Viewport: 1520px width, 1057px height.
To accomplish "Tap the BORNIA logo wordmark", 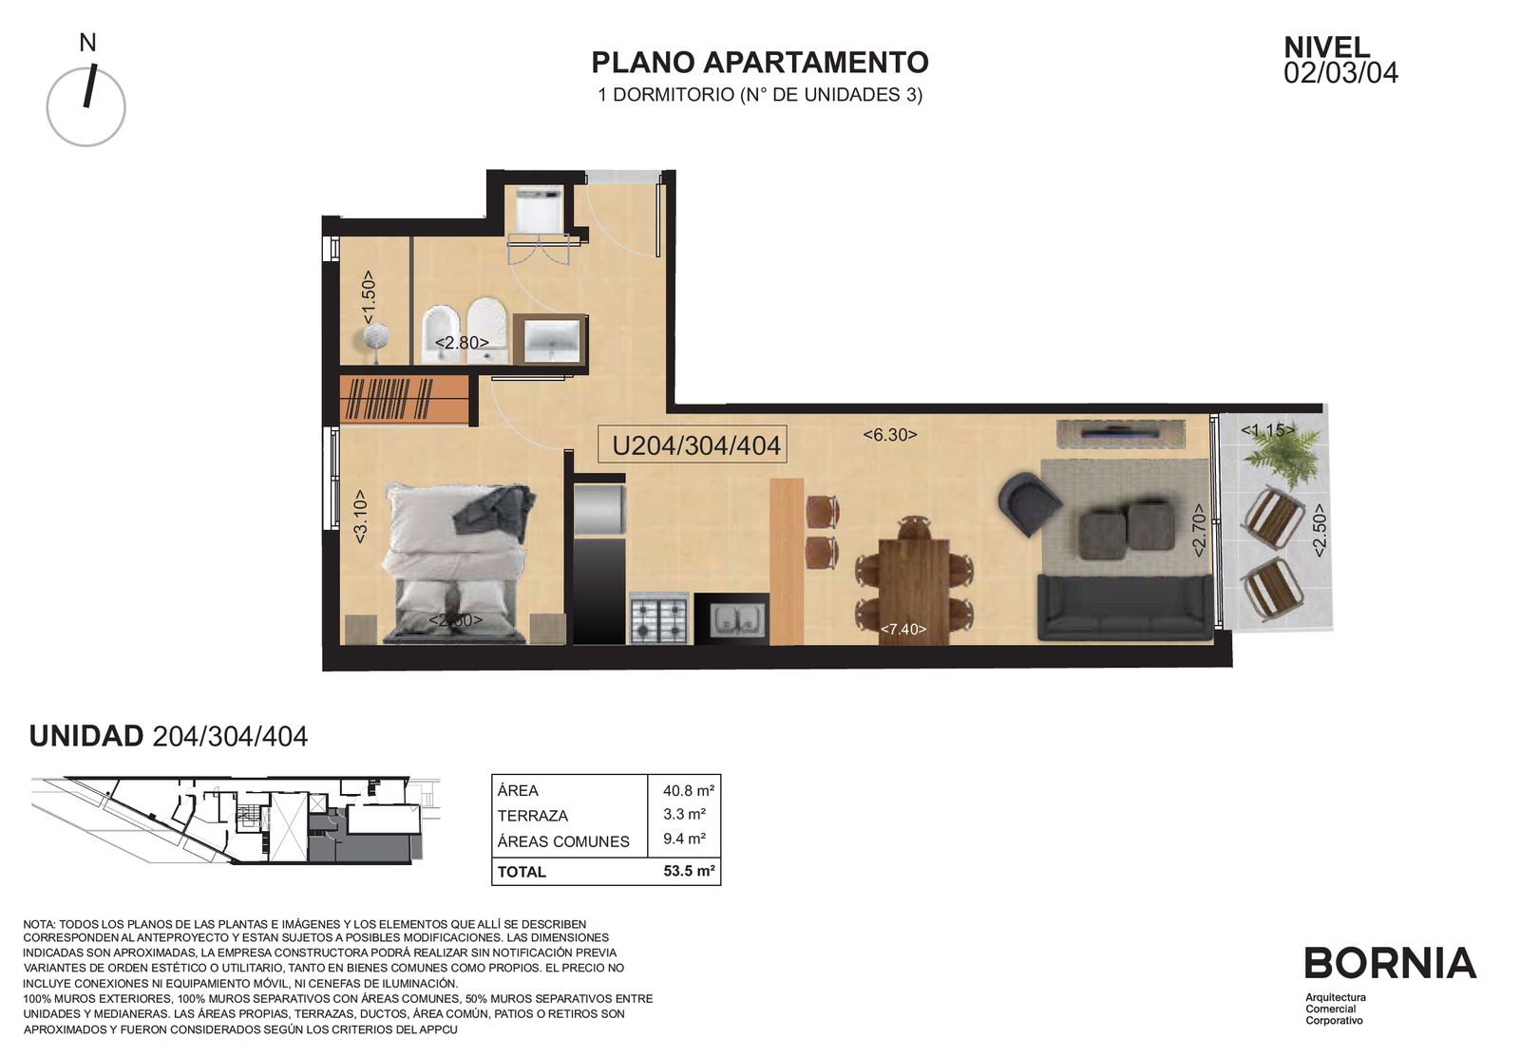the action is click(x=1391, y=963).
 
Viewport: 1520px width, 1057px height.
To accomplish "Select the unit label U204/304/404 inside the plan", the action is click(x=696, y=445).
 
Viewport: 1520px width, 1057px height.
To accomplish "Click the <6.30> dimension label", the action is click(x=889, y=435).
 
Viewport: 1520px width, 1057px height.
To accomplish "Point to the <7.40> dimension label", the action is click(x=902, y=629).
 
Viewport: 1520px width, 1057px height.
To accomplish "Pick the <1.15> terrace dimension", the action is click(x=1267, y=430).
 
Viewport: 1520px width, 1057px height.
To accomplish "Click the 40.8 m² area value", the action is click(x=688, y=790).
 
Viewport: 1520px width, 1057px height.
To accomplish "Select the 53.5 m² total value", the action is click(x=689, y=871).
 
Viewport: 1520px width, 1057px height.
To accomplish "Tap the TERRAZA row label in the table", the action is click(x=533, y=816).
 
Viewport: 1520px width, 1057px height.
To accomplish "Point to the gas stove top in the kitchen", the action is click(x=659, y=618).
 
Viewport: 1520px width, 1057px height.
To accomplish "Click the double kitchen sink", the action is click(x=736, y=619).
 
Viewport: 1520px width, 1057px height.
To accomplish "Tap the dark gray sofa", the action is click(x=1125, y=608).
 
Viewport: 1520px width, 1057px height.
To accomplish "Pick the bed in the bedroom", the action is click(x=455, y=563).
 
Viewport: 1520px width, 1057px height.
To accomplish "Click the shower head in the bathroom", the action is click(x=374, y=337).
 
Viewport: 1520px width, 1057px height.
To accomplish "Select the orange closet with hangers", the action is click(x=405, y=399).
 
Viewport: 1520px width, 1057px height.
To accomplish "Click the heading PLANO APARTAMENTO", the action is click(x=759, y=63).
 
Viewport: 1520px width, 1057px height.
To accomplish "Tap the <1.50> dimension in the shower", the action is click(x=368, y=297).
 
